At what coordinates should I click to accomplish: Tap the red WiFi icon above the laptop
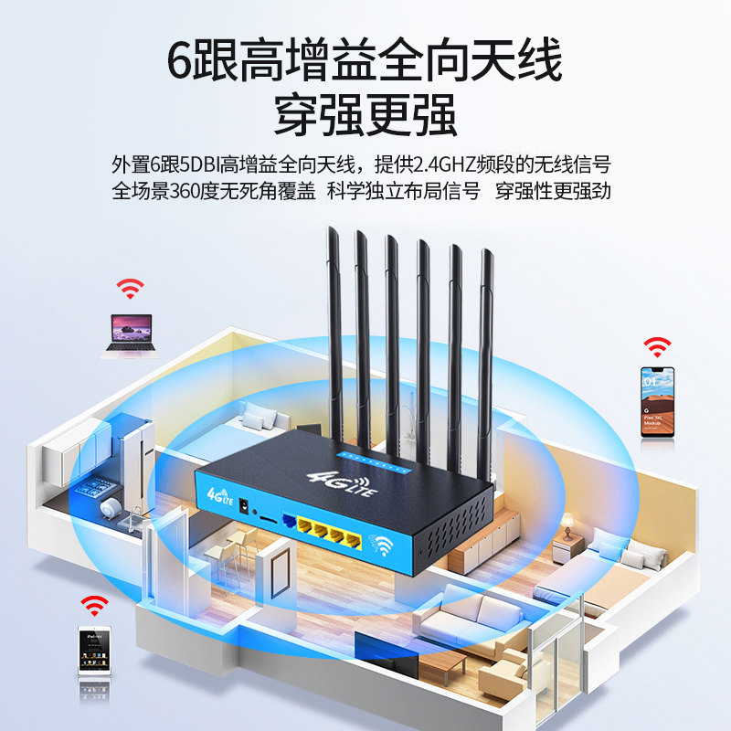coord(130,289)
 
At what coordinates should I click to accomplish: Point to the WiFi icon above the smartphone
coord(657,346)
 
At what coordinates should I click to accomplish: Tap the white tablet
coord(92,651)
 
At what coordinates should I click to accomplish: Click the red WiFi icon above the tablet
coord(92,604)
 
